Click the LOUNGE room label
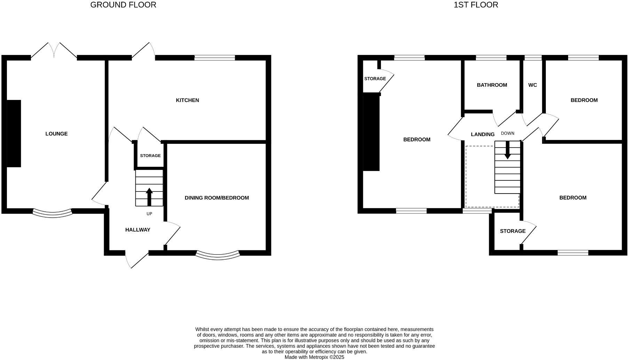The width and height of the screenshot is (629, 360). [56, 134]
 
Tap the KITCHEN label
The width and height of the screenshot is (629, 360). [187, 100]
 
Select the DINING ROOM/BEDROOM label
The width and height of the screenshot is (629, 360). [216, 198]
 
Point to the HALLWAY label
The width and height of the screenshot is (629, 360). [137, 230]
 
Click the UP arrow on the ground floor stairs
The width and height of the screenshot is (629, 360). [149, 197]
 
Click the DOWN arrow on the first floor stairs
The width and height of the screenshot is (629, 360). [508, 150]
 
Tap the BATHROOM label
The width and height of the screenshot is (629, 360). [492, 85]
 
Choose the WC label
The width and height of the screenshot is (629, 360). [532, 85]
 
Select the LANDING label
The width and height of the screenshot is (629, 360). [483, 134]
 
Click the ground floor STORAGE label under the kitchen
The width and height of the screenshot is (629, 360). [150, 156]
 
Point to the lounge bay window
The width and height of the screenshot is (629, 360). [53, 213]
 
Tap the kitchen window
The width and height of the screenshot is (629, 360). [215, 58]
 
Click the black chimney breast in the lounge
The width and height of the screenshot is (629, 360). [14, 133]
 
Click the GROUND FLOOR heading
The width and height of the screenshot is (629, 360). [123, 5]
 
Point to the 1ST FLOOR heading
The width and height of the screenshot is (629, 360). [476, 5]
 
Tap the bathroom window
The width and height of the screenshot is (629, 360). [491, 58]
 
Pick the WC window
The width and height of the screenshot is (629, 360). [533, 58]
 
